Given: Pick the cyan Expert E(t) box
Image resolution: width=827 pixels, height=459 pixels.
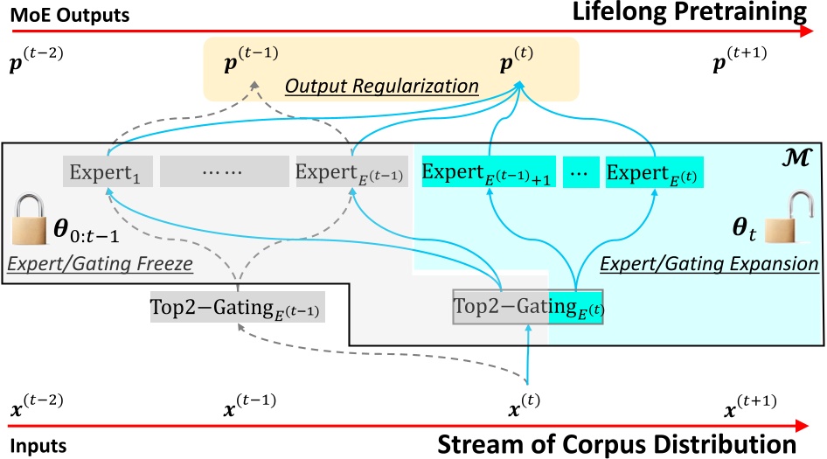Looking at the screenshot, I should (655, 172).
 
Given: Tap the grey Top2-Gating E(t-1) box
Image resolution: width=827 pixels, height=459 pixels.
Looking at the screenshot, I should (238, 307).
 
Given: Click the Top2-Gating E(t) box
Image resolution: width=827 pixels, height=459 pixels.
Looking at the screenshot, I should (528, 307).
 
